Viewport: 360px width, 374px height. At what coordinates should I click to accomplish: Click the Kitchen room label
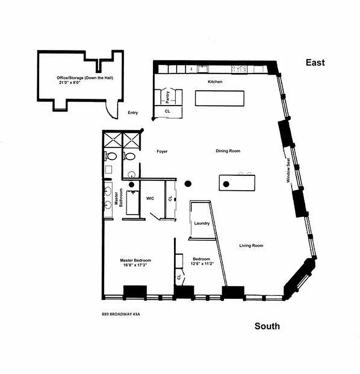pos(215,82)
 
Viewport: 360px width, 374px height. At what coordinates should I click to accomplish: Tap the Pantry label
pos(168,96)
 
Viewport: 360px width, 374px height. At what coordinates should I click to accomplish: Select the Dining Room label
pos(228,151)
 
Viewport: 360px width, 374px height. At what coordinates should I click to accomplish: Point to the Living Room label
pos(251,246)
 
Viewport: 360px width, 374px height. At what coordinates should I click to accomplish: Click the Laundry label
pos(202,223)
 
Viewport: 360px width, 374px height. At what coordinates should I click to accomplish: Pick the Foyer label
pos(162,151)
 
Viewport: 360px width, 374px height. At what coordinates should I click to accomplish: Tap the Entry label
pos(133,113)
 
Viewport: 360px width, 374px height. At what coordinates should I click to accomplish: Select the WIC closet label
pos(150,198)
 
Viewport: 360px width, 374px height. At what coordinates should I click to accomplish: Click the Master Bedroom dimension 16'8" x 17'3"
pos(136,266)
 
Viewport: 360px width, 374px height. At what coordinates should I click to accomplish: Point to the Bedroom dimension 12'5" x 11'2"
pos(202,265)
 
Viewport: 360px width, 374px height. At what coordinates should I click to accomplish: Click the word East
pos(315,62)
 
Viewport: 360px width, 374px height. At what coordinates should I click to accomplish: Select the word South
pos(267,326)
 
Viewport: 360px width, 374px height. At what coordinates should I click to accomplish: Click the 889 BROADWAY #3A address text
pos(121,314)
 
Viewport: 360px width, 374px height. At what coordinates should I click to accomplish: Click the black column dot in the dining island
pos(225,184)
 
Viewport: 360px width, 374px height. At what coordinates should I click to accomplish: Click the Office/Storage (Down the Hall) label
pos(78,77)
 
